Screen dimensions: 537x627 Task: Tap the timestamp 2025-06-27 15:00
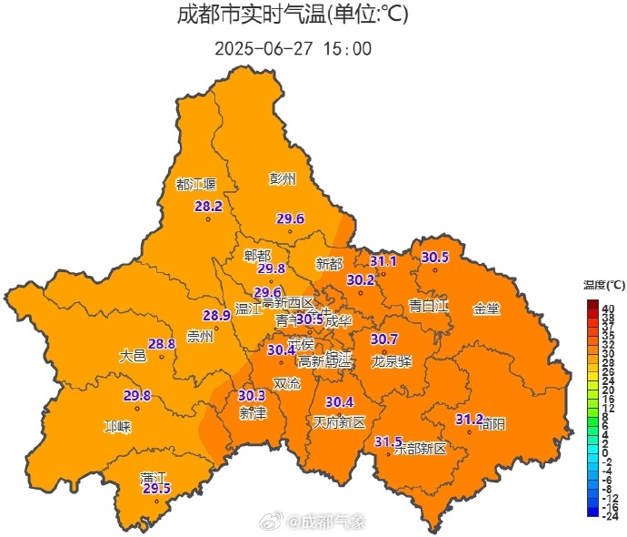coord(293,48)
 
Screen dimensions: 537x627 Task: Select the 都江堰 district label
coord(196,184)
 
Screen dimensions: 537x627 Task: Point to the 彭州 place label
coord(283,179)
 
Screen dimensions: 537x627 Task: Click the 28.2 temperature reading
coord(208,207)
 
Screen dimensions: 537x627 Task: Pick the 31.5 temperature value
coord(388,441)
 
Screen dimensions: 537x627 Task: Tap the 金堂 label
coord(486,309)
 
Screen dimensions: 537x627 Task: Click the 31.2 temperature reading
coord(469,419)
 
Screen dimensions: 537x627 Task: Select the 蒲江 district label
coord(154,478)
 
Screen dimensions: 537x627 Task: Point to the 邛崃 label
coord(117,426)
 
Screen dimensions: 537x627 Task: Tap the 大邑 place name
coord(133,356)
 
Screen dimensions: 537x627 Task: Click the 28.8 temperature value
coord(162,344)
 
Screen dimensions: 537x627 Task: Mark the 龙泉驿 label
coord(392,361)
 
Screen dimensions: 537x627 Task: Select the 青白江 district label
coord(428,305)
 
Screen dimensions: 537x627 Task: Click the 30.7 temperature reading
coord(384,339)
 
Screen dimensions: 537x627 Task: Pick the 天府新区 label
coord(339,422)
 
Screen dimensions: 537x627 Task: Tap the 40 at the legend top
coord(608,309)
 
